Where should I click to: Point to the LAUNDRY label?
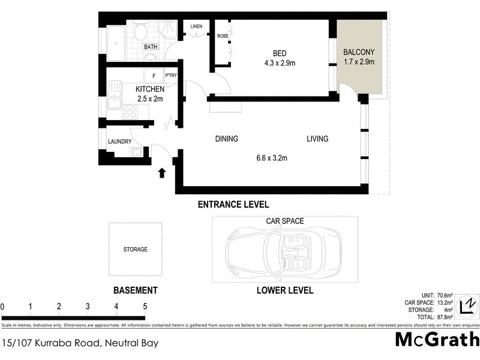(x=119, y=142)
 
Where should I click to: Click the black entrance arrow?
(x=161, y=173)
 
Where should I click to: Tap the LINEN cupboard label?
(x=197, y=27)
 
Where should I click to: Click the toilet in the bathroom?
(x=141, y=32)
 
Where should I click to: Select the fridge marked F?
(x=154, y=76)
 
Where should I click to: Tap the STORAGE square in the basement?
(x=135, y=249)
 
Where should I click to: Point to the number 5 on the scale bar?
(x=145, y=307)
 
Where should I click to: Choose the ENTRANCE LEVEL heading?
(x=233, y=205)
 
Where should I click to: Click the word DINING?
(x=227, y=139)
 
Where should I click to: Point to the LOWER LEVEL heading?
(x=285, y=290)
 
